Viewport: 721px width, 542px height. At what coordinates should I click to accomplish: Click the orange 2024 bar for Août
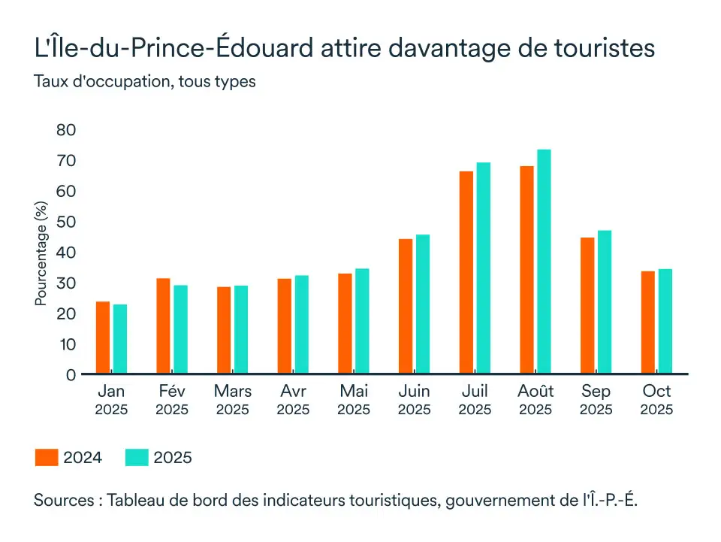click(527, 270)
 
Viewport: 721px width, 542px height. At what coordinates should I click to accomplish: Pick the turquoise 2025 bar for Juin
click(423, 304)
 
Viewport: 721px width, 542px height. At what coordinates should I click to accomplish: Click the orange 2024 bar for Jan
click(103, 338)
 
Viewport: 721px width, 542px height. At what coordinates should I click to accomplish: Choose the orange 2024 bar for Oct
click(648, 322)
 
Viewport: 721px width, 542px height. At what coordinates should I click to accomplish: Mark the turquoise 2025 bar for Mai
click(362, 321)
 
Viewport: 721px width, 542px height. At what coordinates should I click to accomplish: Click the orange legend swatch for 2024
click(47, 457)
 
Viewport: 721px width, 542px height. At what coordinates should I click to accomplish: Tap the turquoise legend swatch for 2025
click(136, 457)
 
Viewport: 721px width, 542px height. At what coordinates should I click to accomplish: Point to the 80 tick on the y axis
click(66, 130)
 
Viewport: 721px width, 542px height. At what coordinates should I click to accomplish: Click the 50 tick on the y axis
click(66, 222)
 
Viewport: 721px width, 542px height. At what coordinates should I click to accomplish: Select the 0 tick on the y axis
click(71, 374)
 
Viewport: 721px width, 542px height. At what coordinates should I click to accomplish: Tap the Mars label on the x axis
click(232, 392)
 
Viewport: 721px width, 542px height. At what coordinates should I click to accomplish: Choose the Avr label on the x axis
click(293, 392)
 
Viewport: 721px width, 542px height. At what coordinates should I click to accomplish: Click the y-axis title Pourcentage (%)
click(41, 253)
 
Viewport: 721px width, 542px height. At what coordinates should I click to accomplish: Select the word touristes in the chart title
click(606, 48)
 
